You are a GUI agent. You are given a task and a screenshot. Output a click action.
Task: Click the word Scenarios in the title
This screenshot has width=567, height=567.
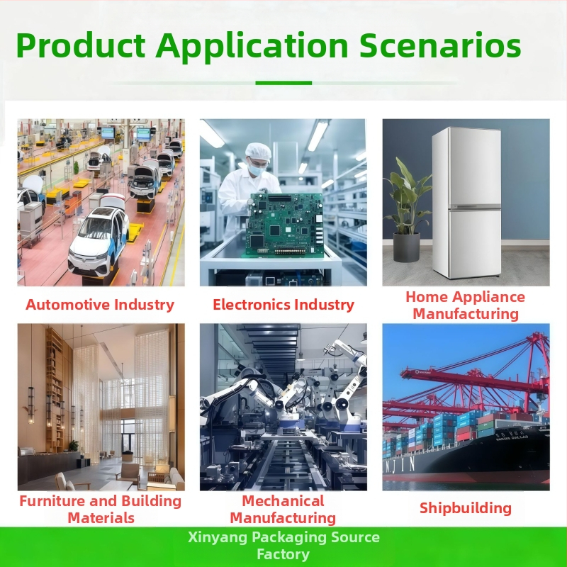440,45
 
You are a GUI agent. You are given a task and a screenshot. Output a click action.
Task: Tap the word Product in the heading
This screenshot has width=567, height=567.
81,45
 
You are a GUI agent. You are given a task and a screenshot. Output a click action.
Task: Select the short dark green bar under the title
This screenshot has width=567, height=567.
283,83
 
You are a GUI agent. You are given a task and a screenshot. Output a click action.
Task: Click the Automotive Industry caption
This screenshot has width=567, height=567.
100,305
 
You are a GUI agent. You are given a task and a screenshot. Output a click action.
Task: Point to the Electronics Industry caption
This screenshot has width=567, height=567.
283,305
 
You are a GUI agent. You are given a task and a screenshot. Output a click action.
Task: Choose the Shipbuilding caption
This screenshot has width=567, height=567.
466,508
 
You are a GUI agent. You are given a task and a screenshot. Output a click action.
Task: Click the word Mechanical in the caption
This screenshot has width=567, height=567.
283,501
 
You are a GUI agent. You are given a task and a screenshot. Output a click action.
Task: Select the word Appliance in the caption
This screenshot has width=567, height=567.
490,297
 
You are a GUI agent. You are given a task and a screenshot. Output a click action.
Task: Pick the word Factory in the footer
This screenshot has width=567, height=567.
283,554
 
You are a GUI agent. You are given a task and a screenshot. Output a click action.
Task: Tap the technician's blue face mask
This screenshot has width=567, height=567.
256,169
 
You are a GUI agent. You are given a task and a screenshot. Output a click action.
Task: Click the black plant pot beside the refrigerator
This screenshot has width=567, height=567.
406,247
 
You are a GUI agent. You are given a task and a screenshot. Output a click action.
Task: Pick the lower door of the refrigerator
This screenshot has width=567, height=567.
474,243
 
